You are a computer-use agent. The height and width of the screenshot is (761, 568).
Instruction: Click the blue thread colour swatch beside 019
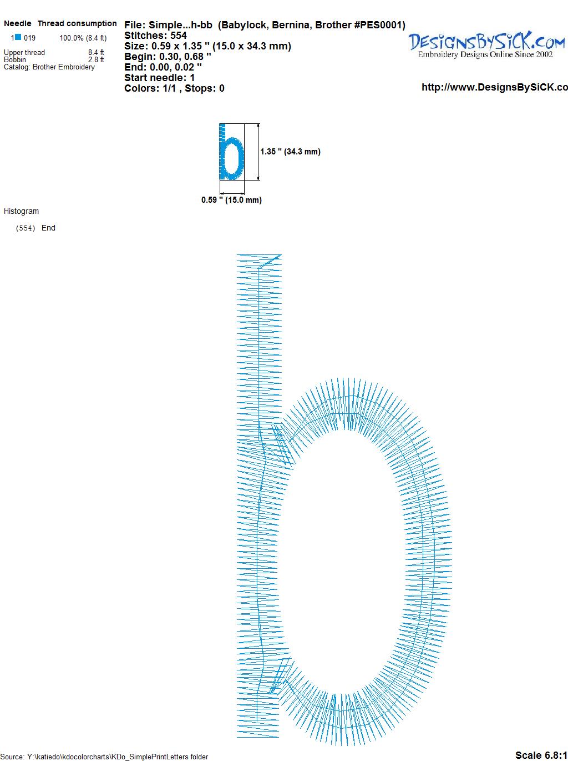(18, 37)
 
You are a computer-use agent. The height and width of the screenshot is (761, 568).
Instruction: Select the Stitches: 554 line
(155, 36)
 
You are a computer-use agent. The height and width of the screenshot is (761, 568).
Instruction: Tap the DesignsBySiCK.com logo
(486, 42)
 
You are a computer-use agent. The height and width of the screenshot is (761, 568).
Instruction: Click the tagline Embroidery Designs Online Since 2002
(485, 54)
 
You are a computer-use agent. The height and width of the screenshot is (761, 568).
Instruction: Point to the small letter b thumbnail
(231, 152)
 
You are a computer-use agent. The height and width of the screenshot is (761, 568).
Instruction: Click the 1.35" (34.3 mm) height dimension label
(290, 152)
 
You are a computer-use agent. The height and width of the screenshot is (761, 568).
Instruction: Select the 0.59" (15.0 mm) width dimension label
(231, 200)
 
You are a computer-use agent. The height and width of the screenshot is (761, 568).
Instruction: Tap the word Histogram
(21, 211)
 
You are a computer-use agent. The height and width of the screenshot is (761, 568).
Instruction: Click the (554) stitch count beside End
(26, 228)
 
